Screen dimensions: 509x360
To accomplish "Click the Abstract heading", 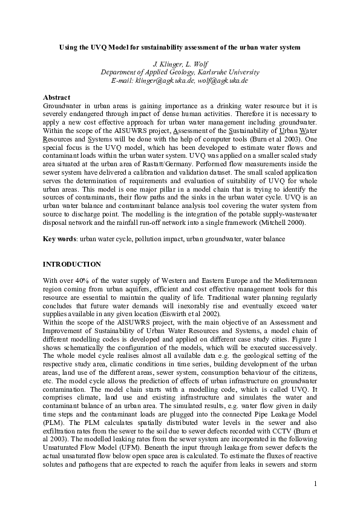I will pos(57,97).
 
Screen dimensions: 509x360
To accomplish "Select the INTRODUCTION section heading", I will pos(72,265).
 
